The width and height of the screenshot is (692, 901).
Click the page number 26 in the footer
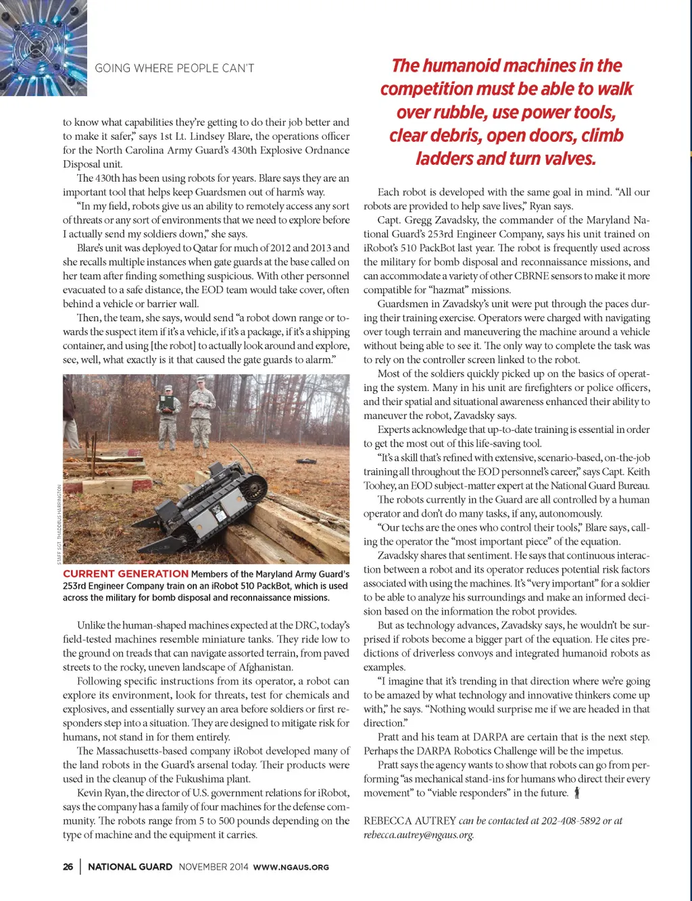pyautogui.click(x=68, y=867)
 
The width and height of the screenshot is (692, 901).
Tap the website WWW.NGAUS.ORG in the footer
pyautogui.click(x=291, y=867)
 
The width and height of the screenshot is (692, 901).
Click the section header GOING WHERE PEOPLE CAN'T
pyautogui.click(x=174, y=68)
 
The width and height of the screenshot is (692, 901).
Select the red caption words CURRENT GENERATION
pyautogui.click(x=126, y=573)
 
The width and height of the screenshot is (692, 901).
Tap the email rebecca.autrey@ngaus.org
pyautogui.click(x=418, y=835)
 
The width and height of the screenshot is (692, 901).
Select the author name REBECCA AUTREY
pyautogui.click(x=410, y=821)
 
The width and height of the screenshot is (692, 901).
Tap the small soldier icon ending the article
pyautogui.click(x=576, y=793)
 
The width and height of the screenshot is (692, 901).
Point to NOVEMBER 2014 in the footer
pyautogui.click(x=214, y=867)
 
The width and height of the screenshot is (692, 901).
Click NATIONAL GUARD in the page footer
pyautogui.click(x=130, y=867)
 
